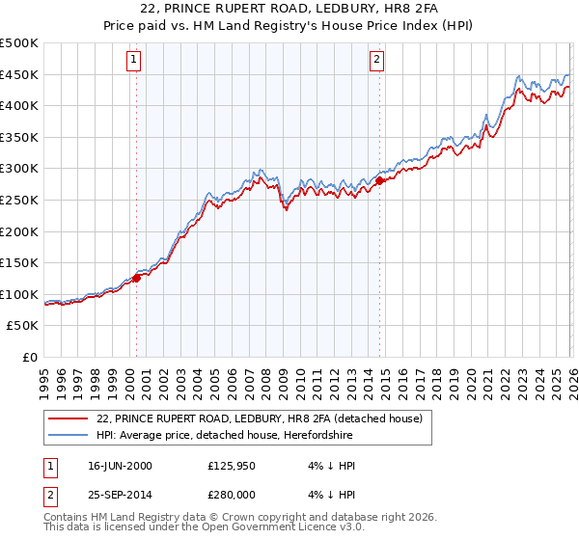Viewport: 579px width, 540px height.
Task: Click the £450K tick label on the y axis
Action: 19,74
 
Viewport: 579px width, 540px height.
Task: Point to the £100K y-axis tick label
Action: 19,294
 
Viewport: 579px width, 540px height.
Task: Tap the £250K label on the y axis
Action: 19,200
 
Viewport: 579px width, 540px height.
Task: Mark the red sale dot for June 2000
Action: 136,278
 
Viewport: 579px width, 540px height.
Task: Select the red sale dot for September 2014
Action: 379,180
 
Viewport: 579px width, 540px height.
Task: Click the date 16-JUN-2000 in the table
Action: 120,466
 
